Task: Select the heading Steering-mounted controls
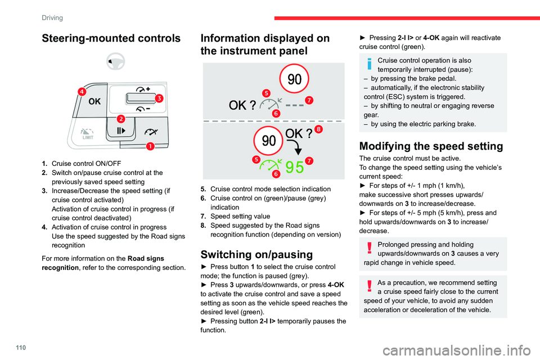tap(110, 38)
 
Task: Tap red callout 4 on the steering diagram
tap(82, 92)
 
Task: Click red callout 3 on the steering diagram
tap(159, 98)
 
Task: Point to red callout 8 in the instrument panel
tap(318, 130)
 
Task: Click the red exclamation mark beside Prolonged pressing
tap(369, 245)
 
